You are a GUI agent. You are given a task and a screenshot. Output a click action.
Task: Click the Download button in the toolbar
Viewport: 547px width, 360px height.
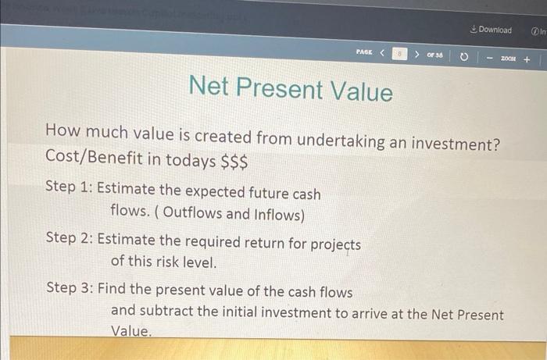point(492,30)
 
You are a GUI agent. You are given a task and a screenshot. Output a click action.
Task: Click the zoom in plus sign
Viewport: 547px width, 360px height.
point(527,59)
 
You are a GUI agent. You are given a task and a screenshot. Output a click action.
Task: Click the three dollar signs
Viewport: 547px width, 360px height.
point(234,162)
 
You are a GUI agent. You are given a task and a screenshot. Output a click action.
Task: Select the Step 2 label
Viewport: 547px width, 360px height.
point(70,240)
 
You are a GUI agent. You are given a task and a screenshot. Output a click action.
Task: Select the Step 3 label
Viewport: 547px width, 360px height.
point(70,288)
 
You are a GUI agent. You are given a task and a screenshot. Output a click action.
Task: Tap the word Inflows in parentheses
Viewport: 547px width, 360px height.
point(277,212)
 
